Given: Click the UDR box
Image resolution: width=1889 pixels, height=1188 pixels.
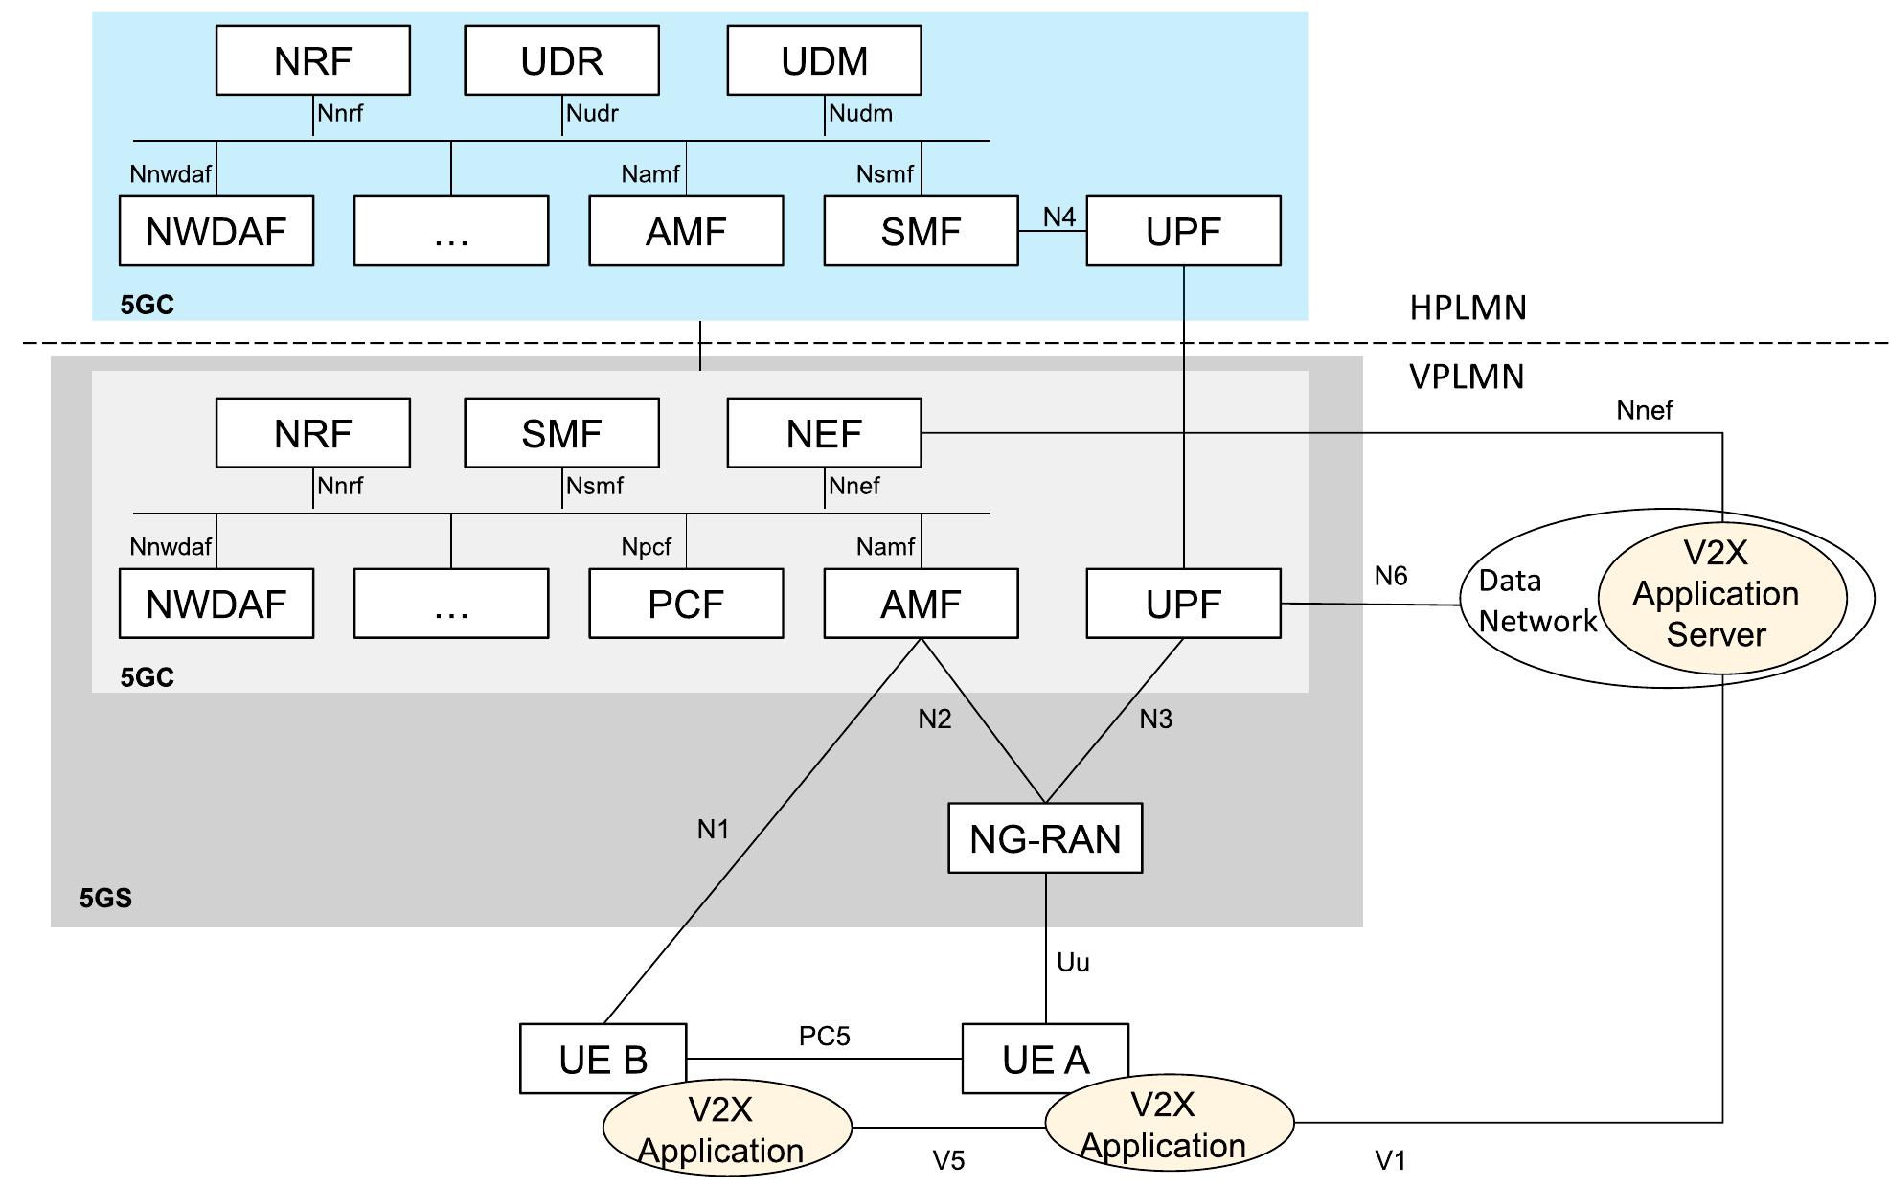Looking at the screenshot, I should coord(561,60).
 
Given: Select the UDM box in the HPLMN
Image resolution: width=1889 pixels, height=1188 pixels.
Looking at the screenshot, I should coord(824,60).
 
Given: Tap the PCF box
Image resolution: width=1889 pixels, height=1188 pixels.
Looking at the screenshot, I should coord(686,604).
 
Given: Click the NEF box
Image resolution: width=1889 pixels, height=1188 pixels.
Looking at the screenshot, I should coord(824,433).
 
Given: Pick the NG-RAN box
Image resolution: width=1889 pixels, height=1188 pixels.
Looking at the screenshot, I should coord(1045,838).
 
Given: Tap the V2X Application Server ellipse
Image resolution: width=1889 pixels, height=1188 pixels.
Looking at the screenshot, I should coord(1721,594).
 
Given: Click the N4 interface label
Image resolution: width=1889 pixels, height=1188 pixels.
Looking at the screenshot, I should coord(1058,217).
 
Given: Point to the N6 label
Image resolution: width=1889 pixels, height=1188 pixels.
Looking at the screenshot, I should coord(1390,576).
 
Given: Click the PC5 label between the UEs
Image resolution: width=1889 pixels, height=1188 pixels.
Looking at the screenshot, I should coord(824,1036).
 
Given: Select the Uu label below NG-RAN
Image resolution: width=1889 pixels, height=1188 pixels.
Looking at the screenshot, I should coord(1073,962).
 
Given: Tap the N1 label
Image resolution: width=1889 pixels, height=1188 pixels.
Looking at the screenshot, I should coord(713,829).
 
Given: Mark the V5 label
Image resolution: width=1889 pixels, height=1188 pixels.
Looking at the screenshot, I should coord(948,1160).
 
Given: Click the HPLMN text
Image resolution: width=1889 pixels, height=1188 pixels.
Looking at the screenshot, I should coord(1468,308).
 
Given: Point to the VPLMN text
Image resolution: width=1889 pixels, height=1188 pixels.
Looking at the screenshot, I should coord(1466,377).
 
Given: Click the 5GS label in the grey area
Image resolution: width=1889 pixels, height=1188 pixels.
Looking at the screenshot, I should coord(105,898).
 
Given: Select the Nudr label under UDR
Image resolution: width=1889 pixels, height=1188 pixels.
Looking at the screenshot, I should coord(592,113).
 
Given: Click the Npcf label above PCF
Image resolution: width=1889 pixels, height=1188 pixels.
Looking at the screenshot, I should coord(647,547).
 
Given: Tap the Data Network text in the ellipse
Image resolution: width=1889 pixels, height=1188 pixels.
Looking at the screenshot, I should coord(1536,601).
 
